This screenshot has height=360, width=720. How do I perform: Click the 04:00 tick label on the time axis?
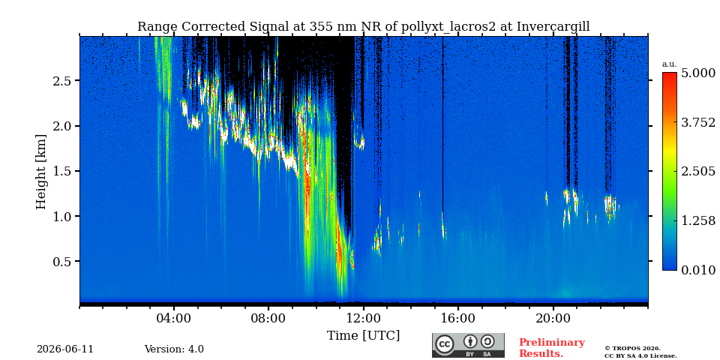point(173,319)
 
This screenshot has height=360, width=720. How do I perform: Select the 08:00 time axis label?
point(268,319)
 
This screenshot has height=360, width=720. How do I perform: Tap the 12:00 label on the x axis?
point(364,319)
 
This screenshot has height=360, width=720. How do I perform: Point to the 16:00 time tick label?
point(458,319)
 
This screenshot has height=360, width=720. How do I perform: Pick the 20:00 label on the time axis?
point(553,319)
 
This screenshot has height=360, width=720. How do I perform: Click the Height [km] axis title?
point(41,172)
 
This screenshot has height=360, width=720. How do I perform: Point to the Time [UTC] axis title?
point(363,336)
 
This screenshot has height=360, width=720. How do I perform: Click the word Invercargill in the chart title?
point(553,27)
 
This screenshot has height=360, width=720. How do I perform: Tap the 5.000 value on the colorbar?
point(698,73)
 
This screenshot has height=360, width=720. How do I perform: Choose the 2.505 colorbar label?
point(698,172)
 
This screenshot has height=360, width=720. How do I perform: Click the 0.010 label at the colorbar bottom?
point(698,270)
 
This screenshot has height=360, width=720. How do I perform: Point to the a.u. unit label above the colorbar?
point(670,64)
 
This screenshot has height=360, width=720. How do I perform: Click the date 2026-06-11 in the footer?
point(65,349)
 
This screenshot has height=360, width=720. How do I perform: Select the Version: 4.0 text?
point(174,349)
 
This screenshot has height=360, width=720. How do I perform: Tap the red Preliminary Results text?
point(552,347)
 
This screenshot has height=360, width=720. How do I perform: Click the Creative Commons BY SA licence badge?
point(468,345)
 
